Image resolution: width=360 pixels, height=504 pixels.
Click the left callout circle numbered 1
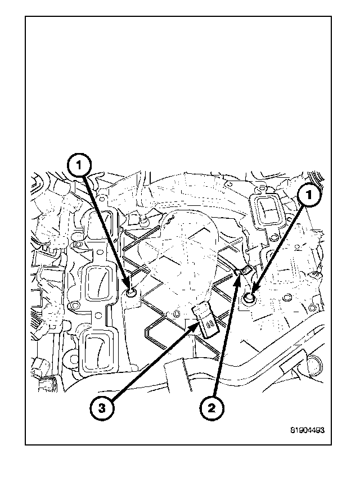point(80,166)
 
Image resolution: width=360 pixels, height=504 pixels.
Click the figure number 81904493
point(308,430)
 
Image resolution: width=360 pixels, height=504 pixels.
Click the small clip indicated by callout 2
point(240,272)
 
